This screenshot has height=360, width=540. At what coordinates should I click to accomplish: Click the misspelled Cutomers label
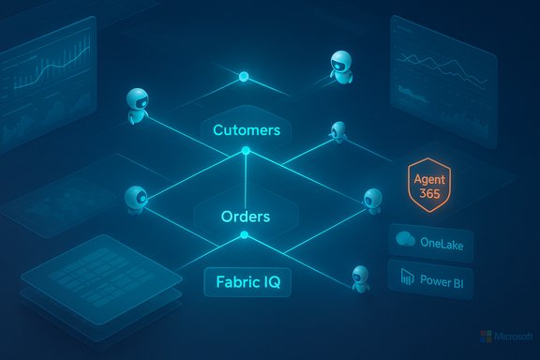(246, 129)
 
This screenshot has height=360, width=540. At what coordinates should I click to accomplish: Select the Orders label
(245, 217)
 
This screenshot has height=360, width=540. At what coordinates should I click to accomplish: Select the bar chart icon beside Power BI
(408, 278)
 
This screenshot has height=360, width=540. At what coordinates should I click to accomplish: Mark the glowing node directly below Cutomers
(246, 151)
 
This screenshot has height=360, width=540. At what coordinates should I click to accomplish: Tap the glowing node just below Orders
(245, 236)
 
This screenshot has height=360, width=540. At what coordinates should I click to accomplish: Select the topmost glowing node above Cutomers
(245, 75)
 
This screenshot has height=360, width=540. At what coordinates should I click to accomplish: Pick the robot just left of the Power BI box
(359, 275)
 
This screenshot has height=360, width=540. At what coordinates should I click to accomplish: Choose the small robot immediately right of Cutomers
(338, 131)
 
